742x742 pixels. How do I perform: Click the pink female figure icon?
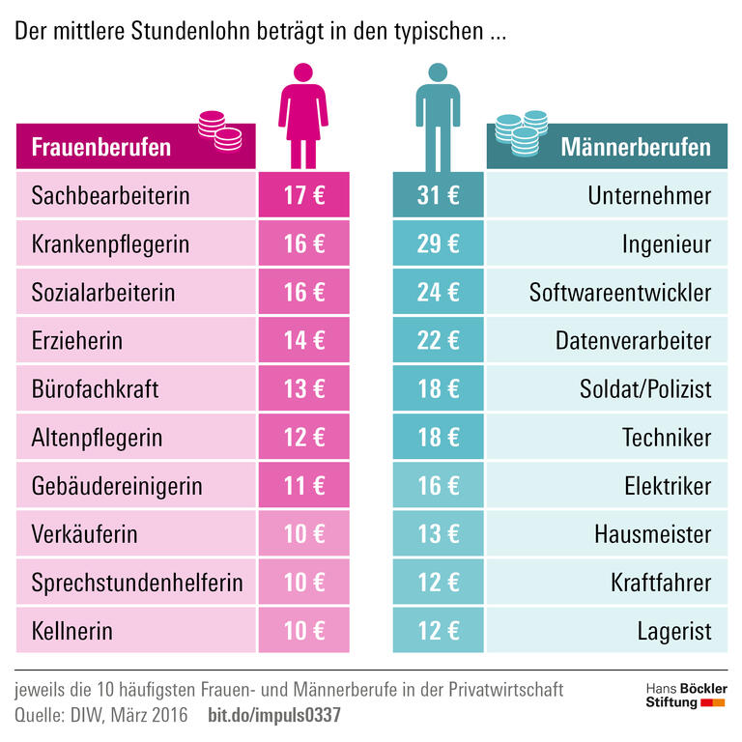coord(303,115)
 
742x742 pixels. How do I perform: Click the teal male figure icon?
coord(438,115)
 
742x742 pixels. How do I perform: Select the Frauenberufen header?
coord(101,147)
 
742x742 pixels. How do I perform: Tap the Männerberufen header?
coord(636,147)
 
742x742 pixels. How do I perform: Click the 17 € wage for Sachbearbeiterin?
coord(303,196)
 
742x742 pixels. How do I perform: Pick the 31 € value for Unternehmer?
coord(438,196)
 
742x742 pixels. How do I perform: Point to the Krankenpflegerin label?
coord(110,244)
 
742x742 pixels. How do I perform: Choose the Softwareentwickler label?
coord(619,293)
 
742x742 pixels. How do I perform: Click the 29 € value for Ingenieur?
coord(438,244)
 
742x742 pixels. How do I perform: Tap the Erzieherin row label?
coord(77,341)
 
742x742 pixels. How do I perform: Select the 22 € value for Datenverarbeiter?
coord(438,341)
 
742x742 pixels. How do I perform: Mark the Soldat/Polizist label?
coord(645,389)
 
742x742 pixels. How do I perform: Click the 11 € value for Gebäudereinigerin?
coord(303,486)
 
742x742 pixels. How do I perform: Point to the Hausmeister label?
coord(653,534)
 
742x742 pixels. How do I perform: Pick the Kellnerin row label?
coord(72,632)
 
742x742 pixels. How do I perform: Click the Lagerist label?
coord(673,632)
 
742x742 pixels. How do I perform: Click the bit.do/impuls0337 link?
coord(274,716)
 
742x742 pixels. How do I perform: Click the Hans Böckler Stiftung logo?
coord(686,696)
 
